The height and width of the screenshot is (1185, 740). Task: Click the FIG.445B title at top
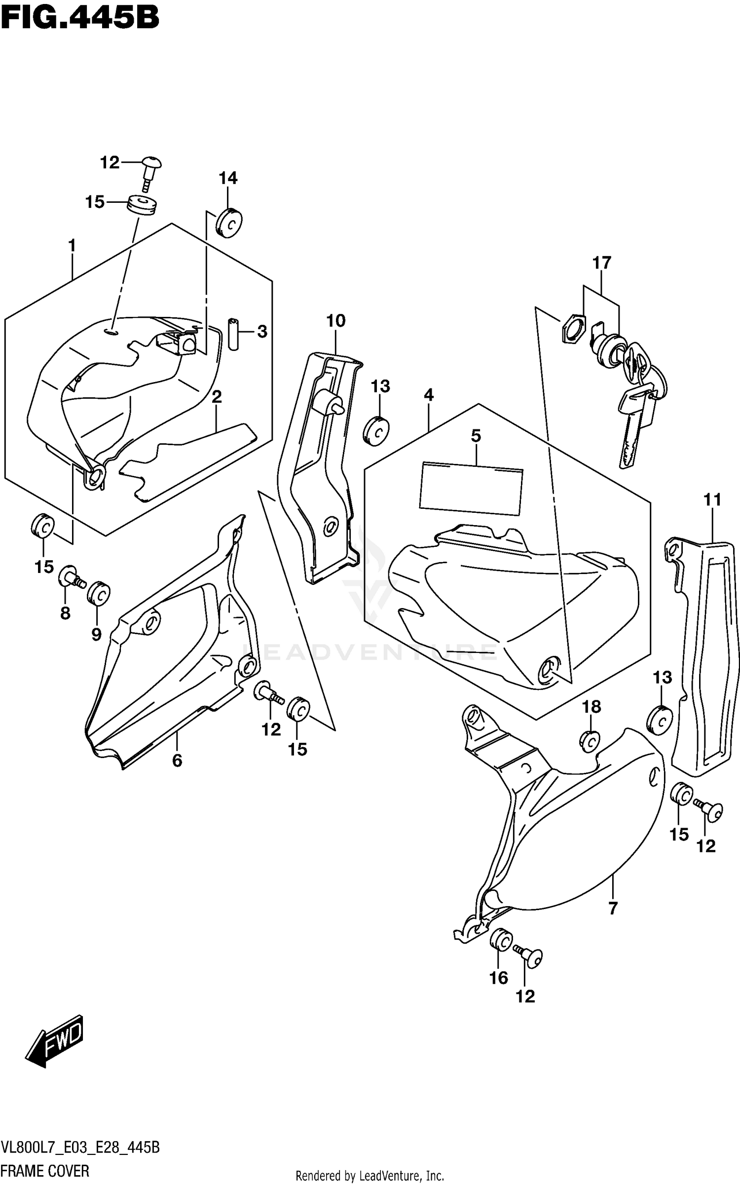click(80, 18)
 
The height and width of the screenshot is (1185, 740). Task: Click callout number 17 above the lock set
click(601, 263)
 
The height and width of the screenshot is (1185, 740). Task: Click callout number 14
click(228, 178)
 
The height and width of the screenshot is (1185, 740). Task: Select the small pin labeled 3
click(233, 334)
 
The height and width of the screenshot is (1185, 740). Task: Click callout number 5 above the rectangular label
click(476, 436)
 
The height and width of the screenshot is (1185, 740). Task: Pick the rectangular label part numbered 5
click(470, 489)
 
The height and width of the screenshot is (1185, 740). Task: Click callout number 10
click(336, 321)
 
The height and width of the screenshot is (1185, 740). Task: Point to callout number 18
click(592, 707)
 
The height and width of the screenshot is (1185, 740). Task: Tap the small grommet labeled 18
click(590, 741)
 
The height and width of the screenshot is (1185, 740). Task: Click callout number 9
click(96, 634)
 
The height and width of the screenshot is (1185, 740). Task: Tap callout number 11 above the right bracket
click(712, 500)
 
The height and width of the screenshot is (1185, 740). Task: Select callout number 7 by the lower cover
click(613, 908)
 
